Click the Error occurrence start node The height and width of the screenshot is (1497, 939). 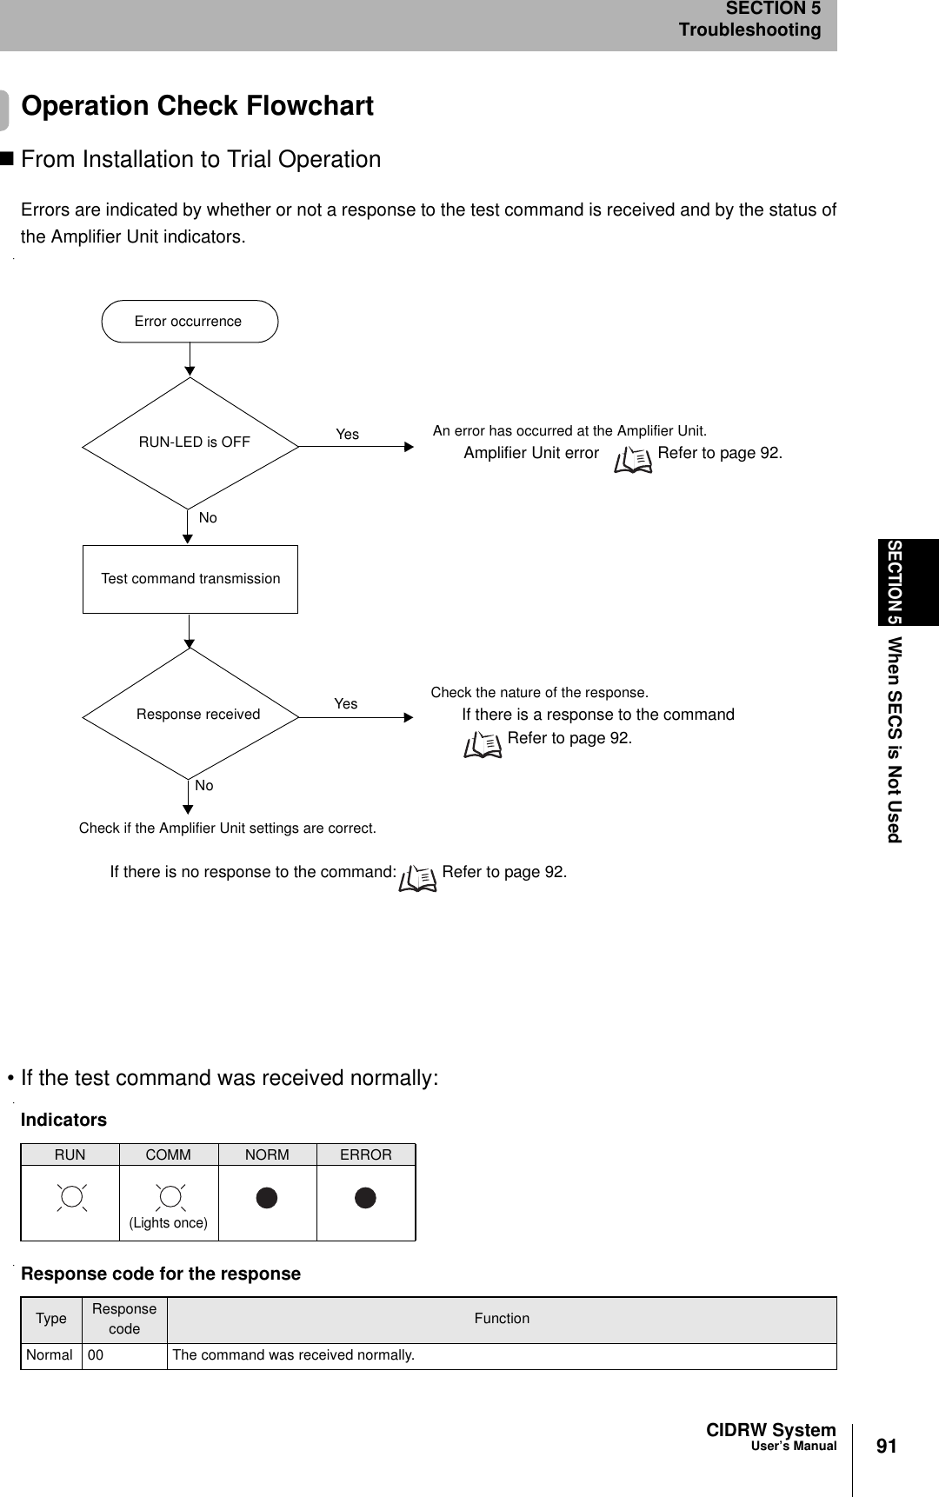coord(190,322)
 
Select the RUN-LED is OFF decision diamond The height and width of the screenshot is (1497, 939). coord(190,442)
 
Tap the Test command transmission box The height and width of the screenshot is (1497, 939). coord(190,579)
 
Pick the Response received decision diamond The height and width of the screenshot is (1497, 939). coord(190,715)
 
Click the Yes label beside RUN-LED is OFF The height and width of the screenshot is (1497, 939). coord(347,435)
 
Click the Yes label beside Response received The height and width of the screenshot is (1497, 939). coord(345,704)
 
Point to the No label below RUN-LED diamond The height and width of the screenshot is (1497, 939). coord(208,518)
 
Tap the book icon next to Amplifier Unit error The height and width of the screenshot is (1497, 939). coord(632,458)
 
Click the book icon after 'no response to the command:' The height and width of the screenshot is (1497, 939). coord(418,878)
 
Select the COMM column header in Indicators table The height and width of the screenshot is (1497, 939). coord(168,1155)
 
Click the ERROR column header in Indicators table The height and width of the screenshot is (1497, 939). coord(365,1155)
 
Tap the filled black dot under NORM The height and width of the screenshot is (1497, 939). coord(267,1198)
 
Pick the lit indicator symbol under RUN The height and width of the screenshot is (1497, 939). coord(70,1197)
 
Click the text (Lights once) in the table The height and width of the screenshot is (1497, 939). coord(169,1223)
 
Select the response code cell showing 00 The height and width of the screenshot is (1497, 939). coord(96,1355)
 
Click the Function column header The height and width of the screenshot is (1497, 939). coord(502,1319)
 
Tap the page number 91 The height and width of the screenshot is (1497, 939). coord(886,1447)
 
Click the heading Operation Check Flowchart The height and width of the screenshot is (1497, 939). coord(197,106)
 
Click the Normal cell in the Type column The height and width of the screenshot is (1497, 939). coord(50,1355)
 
